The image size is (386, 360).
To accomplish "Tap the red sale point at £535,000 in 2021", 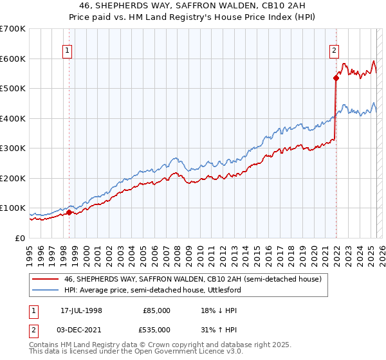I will [x=336, y=78].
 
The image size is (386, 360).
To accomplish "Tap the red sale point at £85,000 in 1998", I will [x=69, y=212].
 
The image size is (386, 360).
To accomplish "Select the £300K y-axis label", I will [x=12, y=148].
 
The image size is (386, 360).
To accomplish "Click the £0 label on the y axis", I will [x=21, y=238].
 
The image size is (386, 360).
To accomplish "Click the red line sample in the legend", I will [x=44, y=280].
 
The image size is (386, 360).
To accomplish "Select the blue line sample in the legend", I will [x=44, y=291].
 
